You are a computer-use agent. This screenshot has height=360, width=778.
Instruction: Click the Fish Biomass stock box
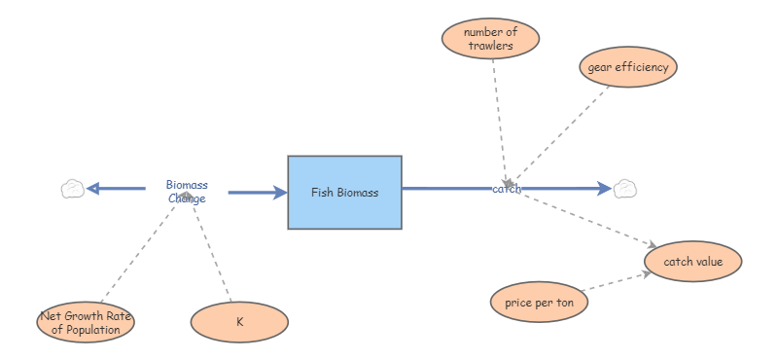344,193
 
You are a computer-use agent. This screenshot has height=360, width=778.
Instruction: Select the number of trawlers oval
490,39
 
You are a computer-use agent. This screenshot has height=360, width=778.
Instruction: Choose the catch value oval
693,261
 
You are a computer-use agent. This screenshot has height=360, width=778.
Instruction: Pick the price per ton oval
539,303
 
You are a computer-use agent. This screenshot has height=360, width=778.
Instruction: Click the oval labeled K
239,322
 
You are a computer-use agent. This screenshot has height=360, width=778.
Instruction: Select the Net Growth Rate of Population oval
86,322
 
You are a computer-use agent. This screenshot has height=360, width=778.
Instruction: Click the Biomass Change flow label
187,192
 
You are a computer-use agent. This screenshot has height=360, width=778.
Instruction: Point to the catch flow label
507,189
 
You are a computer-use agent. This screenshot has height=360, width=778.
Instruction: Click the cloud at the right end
623,189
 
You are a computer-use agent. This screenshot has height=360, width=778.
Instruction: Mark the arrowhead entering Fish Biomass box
280,193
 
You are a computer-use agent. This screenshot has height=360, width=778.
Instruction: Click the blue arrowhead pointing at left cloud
92,189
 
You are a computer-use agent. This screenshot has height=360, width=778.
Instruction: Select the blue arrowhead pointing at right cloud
604,188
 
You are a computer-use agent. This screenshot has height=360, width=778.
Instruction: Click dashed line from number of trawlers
499,117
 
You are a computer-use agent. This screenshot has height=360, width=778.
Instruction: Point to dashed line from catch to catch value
583,216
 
